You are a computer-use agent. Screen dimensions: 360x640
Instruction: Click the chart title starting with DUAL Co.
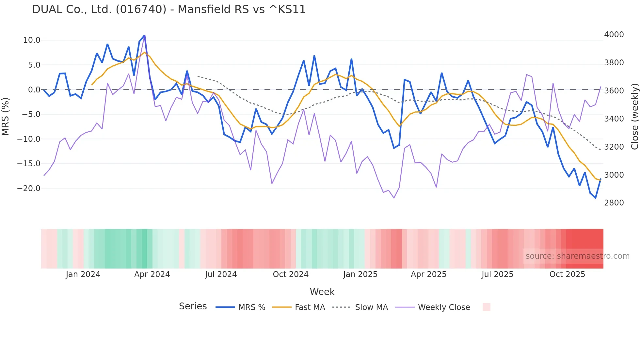point(169,9)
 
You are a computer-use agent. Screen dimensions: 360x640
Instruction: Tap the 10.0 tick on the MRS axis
point(31,40)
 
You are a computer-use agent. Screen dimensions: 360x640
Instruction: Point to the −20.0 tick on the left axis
point(29,188)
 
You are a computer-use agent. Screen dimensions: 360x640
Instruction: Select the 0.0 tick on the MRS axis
point(34,90)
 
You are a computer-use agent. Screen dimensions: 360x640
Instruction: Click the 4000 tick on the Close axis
point(614,35)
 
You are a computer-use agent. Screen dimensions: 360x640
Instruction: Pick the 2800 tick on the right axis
point(614,203)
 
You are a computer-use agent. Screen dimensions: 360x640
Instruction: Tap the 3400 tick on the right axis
point(614,119)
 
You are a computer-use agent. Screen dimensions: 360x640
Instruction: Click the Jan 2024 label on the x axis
point(83,274)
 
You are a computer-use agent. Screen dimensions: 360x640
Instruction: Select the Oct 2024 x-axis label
point(291,274)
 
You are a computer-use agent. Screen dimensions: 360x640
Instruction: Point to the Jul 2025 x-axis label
point(497,274)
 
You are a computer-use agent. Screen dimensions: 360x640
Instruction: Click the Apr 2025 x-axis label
point(428,274)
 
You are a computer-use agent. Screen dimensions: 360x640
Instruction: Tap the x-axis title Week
point(322,292)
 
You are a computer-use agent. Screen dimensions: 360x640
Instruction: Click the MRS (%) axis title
point(6,116)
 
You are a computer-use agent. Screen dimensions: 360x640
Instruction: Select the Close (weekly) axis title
point(634,117)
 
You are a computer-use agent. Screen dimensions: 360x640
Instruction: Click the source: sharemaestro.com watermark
point(577,256)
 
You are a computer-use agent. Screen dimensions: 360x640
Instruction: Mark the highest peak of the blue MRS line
point(144,35)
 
